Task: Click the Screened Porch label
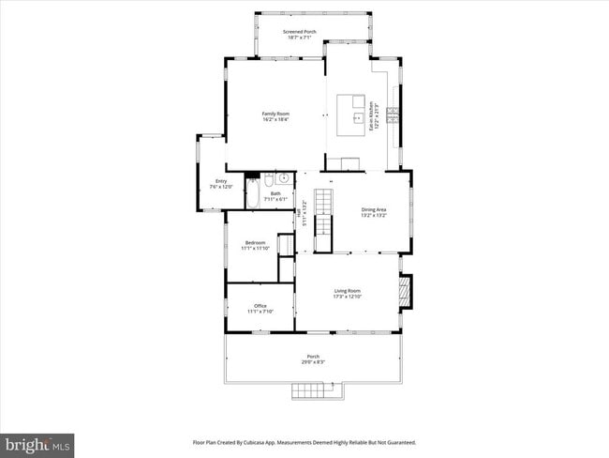point(300,32)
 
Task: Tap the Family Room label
point(275,114)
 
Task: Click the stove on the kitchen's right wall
point(394,115)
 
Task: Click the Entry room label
point(221,181)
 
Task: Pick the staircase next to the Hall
point(322,221)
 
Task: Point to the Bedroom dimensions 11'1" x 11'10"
point(255,249)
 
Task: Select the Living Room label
point(348,291)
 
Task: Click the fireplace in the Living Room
point(405,291)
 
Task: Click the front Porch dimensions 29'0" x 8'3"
point(313,361)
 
